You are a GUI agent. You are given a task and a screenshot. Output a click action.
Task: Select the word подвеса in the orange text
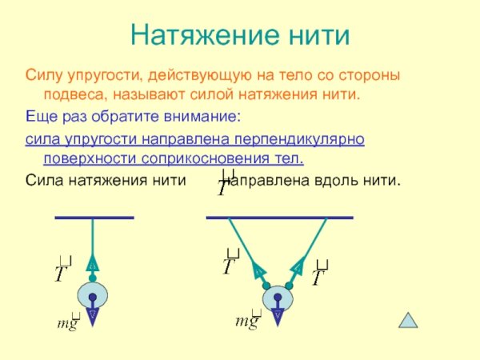point(71,95)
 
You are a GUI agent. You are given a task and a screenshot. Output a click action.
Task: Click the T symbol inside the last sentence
point(225,185)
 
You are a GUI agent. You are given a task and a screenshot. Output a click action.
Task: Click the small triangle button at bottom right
point(410,321)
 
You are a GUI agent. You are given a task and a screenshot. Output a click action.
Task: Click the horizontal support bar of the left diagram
point(94,217)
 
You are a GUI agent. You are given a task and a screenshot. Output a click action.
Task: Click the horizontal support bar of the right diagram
point(279,217)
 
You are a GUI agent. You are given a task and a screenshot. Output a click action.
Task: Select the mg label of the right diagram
point(247,322)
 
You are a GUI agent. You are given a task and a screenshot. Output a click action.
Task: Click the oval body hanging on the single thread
point(93,298)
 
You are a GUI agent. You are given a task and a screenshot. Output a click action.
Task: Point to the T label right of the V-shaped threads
point(319,274)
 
